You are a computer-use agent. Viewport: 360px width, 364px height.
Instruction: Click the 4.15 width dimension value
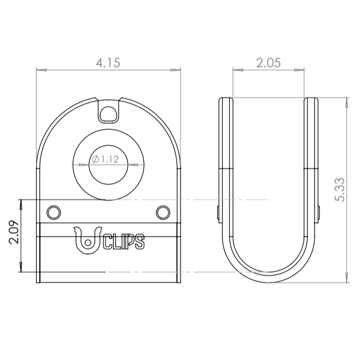[108, 63]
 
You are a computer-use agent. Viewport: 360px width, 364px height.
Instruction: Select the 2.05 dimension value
[269, 63]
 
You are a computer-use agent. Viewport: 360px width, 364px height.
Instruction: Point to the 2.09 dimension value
[14, 233]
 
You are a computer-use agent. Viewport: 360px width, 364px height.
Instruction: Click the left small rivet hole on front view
[54, 212]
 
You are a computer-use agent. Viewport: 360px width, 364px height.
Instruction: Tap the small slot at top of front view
[108, 112]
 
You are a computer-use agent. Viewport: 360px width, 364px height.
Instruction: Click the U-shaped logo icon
[88, 240]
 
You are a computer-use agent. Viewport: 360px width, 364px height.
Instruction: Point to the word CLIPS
[124, 242]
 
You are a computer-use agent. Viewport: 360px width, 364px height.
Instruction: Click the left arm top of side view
[226, 100]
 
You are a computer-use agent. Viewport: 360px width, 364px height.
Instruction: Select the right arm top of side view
[311, 100]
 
